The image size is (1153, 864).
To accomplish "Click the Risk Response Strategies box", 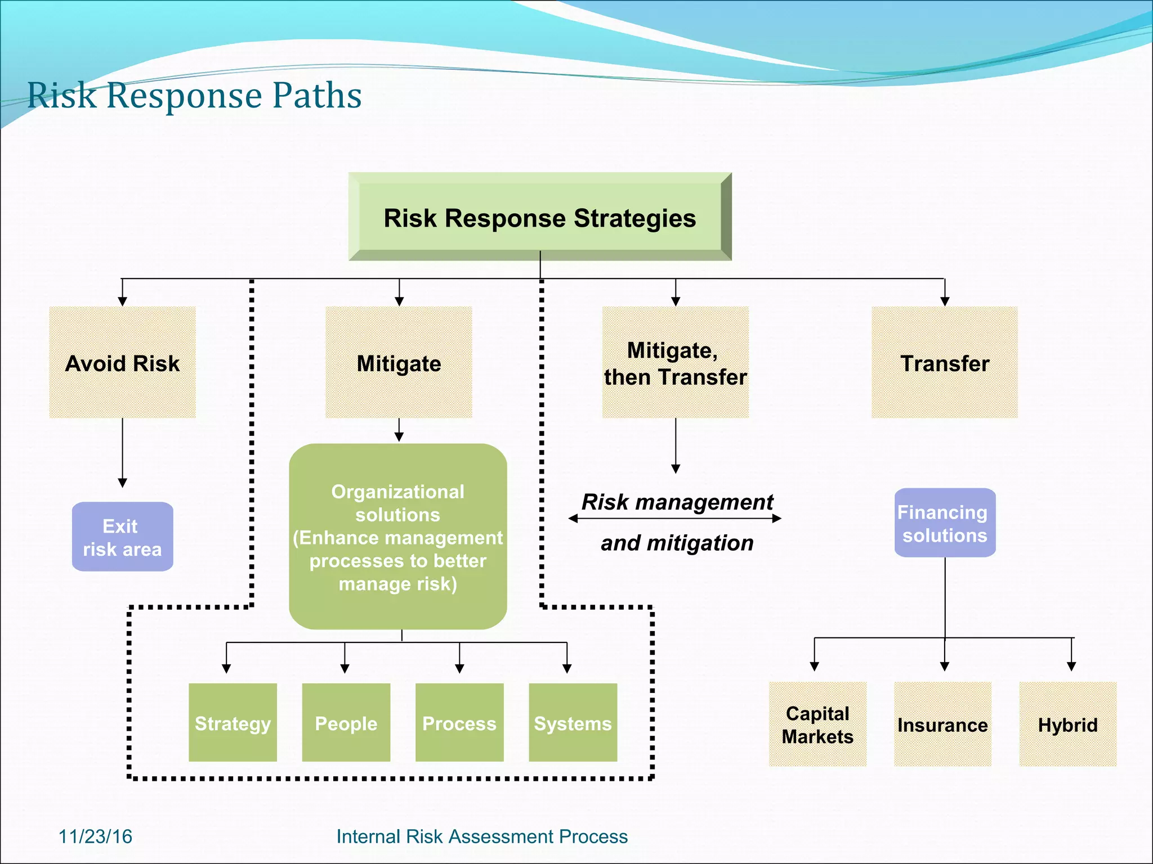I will point(539,217).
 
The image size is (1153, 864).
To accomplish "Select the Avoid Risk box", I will point(122,363).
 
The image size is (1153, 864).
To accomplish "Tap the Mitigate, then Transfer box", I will point(675,363).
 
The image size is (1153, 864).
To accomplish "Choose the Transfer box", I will point(944,363).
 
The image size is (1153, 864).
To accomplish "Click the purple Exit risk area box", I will point(122,537).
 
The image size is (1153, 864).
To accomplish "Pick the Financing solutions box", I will point(944,523).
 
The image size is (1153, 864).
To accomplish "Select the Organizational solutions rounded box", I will point(397,537).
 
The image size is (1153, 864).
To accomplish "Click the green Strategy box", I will point(233,723).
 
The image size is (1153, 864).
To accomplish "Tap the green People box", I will point(346,723).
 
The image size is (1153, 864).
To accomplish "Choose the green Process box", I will point(459,723).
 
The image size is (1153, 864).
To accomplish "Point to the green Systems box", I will point(573,723).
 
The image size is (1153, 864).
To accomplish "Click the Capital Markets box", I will point(817,724).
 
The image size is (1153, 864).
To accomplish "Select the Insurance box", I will point(942,724).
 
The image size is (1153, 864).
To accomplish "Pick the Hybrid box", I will point(1067,724).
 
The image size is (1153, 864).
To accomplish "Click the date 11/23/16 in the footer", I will point(95,836).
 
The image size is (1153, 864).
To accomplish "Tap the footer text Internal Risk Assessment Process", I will point(482,836).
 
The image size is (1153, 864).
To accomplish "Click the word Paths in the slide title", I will point(317,95).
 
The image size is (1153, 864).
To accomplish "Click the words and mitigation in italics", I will point(677,543).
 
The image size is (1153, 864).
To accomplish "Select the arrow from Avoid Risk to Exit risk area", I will point(122,453).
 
